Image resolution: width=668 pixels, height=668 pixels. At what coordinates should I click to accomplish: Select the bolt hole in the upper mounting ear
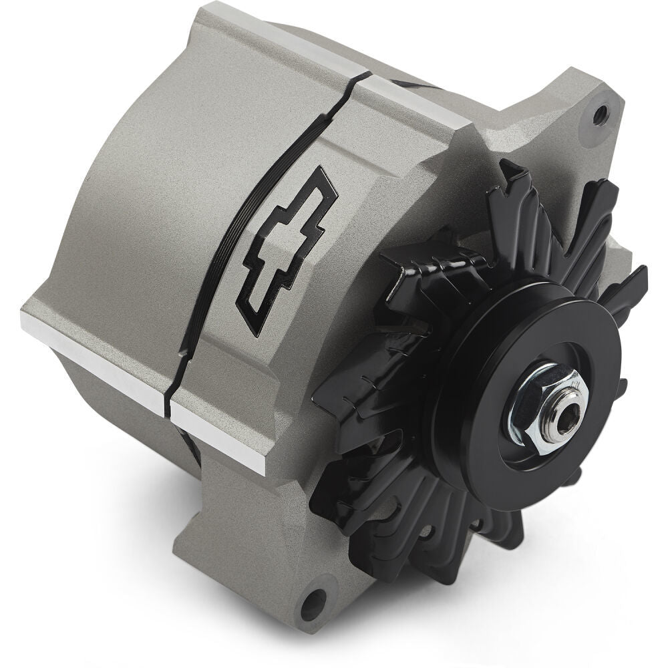(x=601, y=114)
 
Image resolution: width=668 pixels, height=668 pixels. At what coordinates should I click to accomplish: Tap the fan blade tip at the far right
(x=635, y=281)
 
